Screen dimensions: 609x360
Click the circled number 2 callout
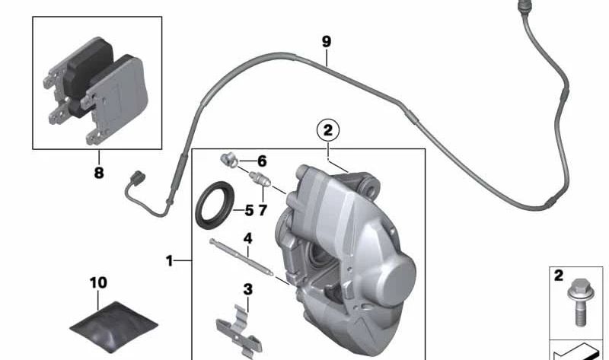pos(328,131)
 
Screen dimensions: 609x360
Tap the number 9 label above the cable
pos(327,41)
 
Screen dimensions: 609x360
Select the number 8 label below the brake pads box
pos(99,173)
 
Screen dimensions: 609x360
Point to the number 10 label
pos(98,282)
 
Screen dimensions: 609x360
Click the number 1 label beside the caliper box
pos(169,260)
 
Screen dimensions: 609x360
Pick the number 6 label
pos(262,161)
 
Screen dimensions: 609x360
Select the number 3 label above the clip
pos(248,289)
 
